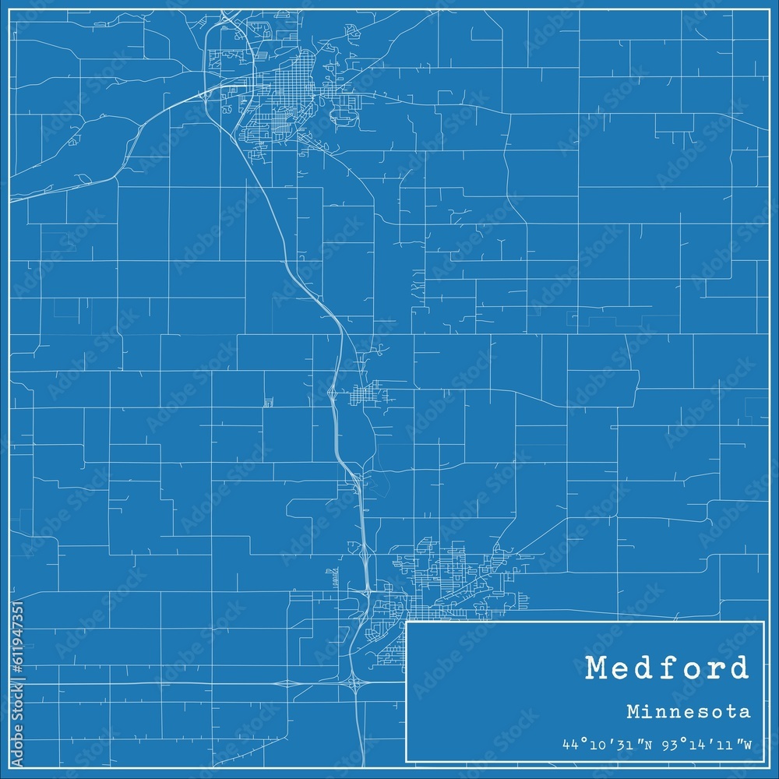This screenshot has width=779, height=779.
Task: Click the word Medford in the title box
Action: coord(667,668)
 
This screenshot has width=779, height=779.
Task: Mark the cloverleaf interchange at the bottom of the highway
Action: coord(357,684)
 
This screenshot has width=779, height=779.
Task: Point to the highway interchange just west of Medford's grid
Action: coord(333,396)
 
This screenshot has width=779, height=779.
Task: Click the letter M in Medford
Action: coord(599,668)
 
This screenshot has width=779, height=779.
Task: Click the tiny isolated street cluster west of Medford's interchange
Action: coord(268,402)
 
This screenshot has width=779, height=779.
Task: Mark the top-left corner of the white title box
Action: coord(407,622)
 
